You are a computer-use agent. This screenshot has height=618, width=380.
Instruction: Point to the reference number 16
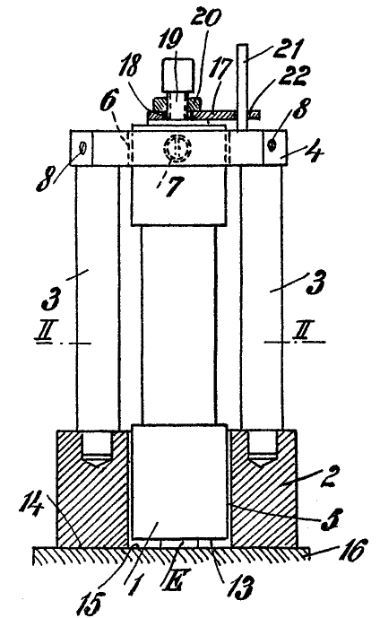tap(352, 550)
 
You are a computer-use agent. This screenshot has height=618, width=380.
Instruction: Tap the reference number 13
tap(241, 588)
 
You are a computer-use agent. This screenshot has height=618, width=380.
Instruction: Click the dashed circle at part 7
tap(177, 150)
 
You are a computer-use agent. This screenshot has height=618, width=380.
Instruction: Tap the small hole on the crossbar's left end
tap(83, 148)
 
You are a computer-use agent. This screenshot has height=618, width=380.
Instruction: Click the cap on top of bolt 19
tap(177, 74)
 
